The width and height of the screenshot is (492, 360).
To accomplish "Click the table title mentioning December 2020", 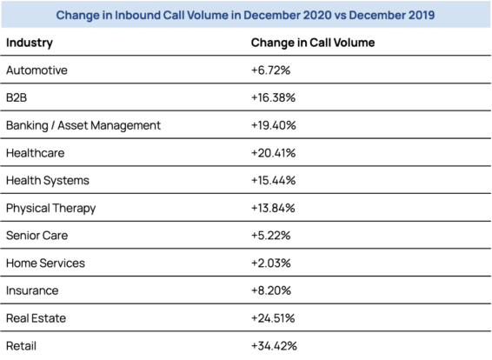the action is pos(245,15).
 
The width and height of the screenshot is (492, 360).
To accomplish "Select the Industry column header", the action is pos(30,43).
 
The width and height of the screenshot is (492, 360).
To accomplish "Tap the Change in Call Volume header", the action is pos(313,43).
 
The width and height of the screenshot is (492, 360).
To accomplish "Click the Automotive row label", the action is pos(37,70).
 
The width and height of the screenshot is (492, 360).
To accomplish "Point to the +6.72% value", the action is pos(271,70).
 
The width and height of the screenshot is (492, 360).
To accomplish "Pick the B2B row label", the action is pos(17,97).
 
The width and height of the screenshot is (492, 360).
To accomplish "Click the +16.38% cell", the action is pos(273,97).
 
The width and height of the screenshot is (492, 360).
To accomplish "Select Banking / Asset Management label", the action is pos(83,125).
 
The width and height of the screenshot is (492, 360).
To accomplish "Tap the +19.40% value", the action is pos(274,125).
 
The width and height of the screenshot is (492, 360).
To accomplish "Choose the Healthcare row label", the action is pos(36,153).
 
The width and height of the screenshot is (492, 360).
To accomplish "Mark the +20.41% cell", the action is pos(273,153).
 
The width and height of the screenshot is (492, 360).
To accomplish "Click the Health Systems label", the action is pos(48,181).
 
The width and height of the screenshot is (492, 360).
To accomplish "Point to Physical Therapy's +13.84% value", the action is pos(273,208).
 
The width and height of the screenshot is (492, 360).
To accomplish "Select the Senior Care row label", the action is pos(37,236).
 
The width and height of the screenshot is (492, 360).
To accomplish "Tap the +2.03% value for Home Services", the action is pos(271,263).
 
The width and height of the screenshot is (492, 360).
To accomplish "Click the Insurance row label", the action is pos(32,290).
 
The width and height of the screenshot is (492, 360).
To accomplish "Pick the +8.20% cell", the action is pos(271,290).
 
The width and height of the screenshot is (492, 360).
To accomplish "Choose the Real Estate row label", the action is pos(37,318).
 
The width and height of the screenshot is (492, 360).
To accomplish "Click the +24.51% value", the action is pos(273,318).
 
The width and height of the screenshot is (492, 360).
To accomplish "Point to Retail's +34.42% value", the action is pos(274,346).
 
